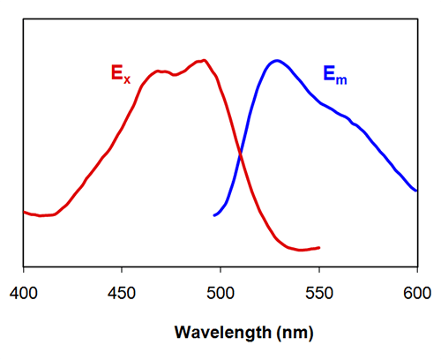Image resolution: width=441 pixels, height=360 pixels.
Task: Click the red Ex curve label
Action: tap(120, 74)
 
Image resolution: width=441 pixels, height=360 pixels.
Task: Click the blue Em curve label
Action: tap(334, 77)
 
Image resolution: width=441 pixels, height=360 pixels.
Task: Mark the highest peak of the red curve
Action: tap(204, 60)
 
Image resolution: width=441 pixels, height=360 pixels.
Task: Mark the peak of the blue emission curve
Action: tap(277, 61)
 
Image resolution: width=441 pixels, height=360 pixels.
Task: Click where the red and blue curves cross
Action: tap(240, 155)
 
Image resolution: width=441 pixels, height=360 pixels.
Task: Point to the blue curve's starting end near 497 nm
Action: tap(214, 215)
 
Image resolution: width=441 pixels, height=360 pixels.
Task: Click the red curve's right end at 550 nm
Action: tap(318, 248)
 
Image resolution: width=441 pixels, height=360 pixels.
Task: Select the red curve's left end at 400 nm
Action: tap(24, 212)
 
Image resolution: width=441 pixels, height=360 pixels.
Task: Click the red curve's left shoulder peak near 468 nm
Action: tap(158, 71)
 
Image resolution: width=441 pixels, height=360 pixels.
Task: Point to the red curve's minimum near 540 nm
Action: tap(300, 251)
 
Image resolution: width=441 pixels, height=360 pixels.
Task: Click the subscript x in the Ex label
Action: tap(126, 79)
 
